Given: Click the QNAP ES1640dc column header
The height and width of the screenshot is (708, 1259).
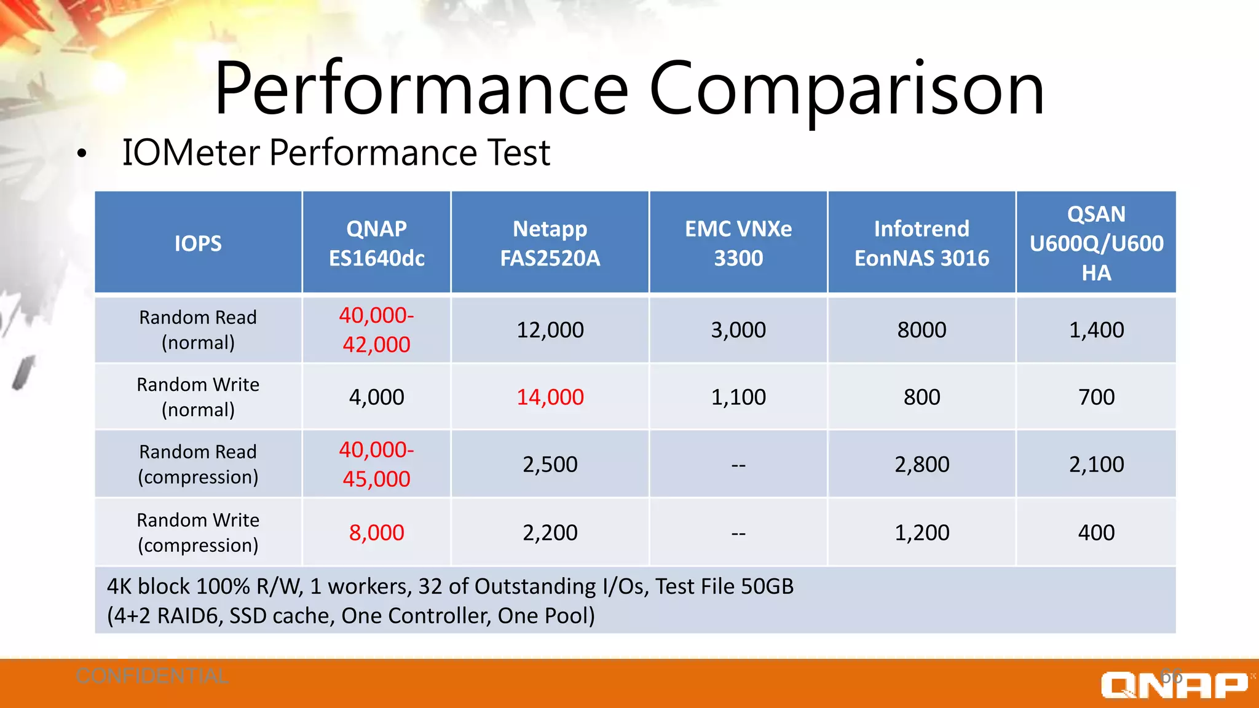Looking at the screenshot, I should pyautogui.click(x=376, y=243).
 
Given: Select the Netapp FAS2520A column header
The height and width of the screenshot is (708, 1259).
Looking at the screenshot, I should pyautogui.click(x=550, y=243).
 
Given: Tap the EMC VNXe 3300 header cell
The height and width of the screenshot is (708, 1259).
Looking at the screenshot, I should pyautogui.click(x=738, y=243).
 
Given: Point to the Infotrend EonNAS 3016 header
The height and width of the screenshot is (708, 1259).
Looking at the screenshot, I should pyautogui.click(x=922, y=243).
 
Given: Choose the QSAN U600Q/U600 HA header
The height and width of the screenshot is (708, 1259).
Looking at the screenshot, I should pyautogui.click(x=1096, y=243).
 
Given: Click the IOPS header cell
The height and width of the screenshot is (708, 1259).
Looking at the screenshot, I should pyautogui.click(x=198, y=243).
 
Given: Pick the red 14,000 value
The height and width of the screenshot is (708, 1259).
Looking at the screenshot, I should pyautogui.click(x=550, y=397).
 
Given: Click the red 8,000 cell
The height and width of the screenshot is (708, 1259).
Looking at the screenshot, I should pyautogui.click(x=376, y=532).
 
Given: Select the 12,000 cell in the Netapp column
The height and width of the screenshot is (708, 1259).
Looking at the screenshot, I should pyautogui.click(x=550, y=330).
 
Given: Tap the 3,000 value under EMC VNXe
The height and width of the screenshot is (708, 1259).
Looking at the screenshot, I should pyautogui.click(x=738, y=330).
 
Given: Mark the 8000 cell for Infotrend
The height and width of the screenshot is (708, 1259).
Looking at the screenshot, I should pyautogui.click(x=922, y=330).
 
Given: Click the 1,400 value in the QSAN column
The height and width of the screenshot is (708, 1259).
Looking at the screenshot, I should pyautogui.click(x=1096, y=330).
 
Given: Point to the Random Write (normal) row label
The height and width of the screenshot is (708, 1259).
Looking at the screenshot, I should pyautogui.click(x=198, y=397).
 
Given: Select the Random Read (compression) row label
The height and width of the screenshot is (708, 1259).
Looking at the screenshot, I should pyautogui.click(x=198, y=464).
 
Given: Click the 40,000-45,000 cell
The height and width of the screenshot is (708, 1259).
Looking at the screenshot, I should pyautogui.click(x=376, y=464).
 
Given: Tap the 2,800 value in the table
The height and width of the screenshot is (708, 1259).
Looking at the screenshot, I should pyautogui.click(x=922, y=464).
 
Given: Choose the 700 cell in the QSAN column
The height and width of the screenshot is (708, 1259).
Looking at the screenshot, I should pyautogui.click(x=1096, y=397).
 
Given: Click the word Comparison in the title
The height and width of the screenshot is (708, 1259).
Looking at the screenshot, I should pyautogui.click(x=846, y=89).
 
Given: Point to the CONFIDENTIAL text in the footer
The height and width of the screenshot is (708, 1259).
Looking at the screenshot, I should pyautogui.click(x=152, y=676).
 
